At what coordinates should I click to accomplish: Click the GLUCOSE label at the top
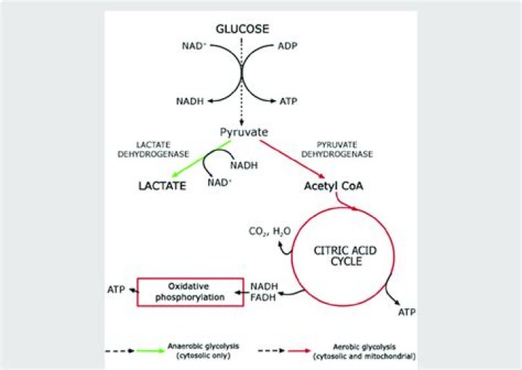[243, 29]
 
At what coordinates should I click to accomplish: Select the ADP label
[288, 46]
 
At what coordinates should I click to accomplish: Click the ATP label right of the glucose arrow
[289, 102]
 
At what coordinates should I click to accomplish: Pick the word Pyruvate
[244, 132]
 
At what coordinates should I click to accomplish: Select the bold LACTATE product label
[163, 186]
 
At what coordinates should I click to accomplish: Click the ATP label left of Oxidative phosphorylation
[116, 289]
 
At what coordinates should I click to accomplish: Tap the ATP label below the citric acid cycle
[407, 312]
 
